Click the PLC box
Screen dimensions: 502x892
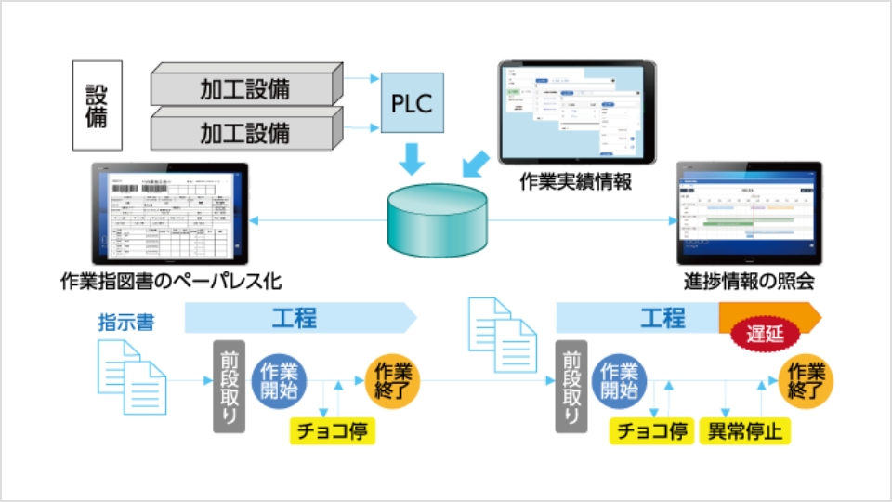pyautogui.click(x=412, y=102)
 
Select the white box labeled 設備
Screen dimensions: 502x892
pyautogui.click(x=98, y=106)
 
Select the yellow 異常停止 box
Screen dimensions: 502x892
pyautogui.click(x=743, y=430)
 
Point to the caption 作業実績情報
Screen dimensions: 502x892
pyautogui.click(x=576, y=182)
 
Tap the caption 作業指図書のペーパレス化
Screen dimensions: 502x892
pyautogui.click(x=169, y=281)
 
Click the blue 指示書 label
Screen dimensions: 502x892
pyautogui.click(x=126, y=324)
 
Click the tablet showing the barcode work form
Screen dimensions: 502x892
pyautogui.click(x=170, y=213)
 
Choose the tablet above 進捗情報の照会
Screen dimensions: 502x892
pyautogui.click(x=749, y=214)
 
